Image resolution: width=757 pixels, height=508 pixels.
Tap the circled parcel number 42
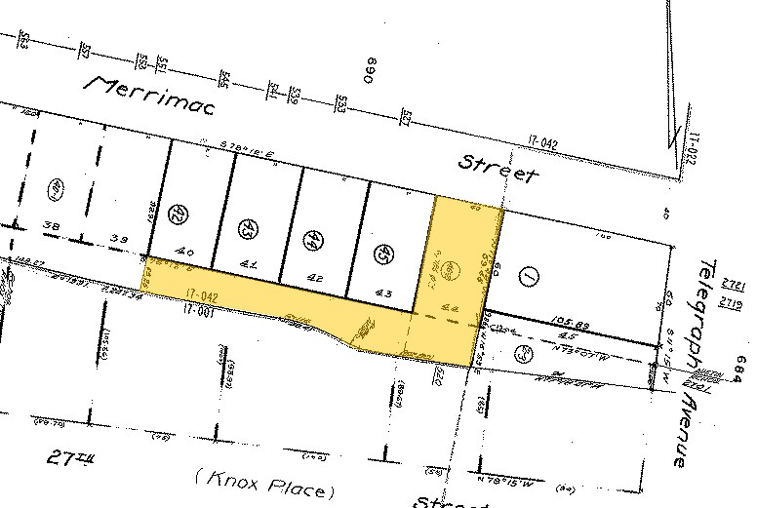tap(178, 212)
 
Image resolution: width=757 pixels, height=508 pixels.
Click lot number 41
tap(248, 263)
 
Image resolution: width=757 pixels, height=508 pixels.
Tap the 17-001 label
tap(196, 310)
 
